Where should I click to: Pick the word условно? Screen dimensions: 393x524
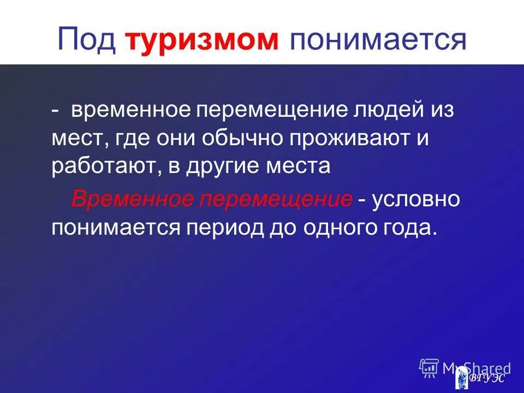(x=416, y=199)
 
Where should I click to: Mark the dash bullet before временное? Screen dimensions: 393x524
(x=56, y=111)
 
